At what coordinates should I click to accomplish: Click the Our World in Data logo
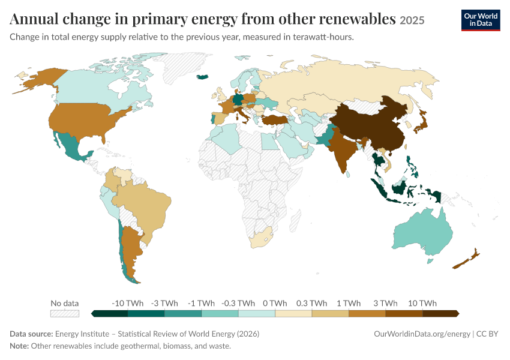tap(481, 20)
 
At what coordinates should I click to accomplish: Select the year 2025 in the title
tap(412, 20)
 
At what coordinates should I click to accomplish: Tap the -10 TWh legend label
tap(127, 303)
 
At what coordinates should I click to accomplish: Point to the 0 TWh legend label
tap(275, 303)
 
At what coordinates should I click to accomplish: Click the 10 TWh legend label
tap(422, 303)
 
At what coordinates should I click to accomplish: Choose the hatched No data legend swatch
tap(65, 313)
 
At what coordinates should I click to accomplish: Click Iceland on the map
tap(203, 77)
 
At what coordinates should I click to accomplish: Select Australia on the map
tap(423, 231)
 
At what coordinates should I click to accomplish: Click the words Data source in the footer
tap(31, 334)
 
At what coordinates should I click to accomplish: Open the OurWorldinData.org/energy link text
tap(422, 334)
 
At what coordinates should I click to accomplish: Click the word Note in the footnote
tap(19, 346)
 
